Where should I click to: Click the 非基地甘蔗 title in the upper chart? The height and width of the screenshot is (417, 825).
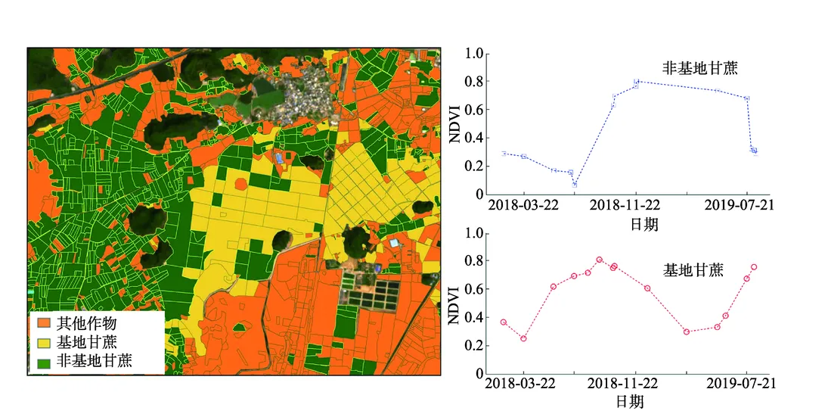(699, 68)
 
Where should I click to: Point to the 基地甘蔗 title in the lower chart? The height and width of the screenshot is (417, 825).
(693, 269)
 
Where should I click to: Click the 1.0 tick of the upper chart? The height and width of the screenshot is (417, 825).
(474, 54)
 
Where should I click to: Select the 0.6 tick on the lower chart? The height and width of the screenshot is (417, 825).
(474, 289)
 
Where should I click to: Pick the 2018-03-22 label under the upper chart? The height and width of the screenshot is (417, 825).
(523, 205)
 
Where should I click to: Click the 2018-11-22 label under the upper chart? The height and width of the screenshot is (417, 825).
(625, 205)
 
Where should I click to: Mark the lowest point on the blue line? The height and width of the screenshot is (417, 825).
(575, 184)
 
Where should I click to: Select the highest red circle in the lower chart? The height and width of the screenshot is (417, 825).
(599, 260)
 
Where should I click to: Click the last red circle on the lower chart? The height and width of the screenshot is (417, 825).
(754, 267)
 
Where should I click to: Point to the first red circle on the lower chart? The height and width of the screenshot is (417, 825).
(504, 322)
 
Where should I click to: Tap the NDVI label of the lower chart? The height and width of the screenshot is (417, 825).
(454, 304)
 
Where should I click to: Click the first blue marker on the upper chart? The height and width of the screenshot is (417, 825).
(504, 154)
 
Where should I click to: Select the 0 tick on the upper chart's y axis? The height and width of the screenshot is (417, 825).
(479, 194)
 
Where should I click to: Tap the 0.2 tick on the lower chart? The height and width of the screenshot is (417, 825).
(474, 345)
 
